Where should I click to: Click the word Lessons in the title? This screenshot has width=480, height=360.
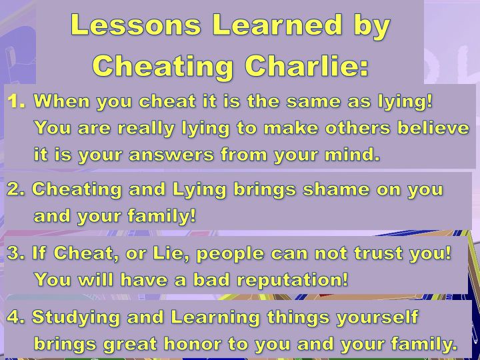click(x=136, y=25)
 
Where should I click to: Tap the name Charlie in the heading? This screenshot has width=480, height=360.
click(x=307, y=65)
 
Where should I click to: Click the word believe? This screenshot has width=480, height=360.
click(x=433, y=127)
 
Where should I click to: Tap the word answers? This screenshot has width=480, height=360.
click(x=171, y=155)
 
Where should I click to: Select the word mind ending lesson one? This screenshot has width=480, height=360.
click(x=352, y=154)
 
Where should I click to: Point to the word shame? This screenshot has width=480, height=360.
click(x=336, y=189)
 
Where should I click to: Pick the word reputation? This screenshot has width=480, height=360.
click(x=293, y=280)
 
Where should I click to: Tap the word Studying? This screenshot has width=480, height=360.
click(x=75, y=318)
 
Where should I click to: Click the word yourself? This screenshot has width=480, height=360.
click(x=377, y=318)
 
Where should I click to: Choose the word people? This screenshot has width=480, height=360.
click(x=230, y=254)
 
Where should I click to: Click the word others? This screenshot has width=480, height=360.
click(x=357, y=127)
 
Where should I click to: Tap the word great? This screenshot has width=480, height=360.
click(x=130, y=345)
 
